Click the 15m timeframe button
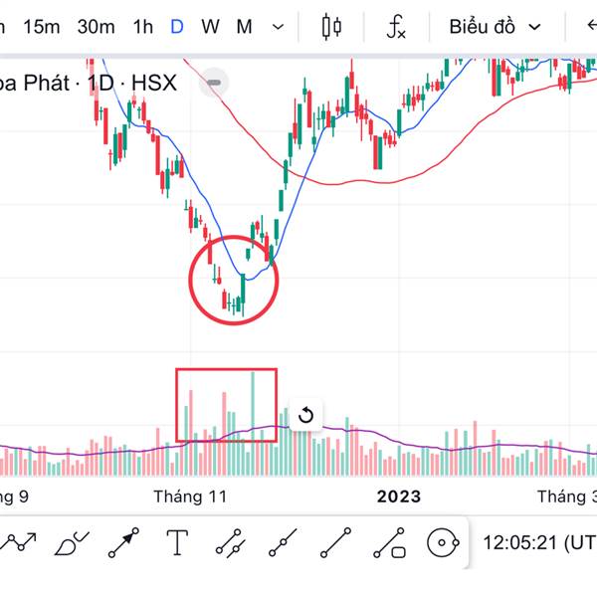(x=42, y=27)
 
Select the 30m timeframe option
(x=96, y=27)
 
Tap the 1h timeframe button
(x=142, y=27)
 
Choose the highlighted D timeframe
(x=176, y=27)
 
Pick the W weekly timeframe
(x=210, y=27)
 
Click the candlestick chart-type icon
(x=331, y=27)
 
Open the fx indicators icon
(x=396, y=27)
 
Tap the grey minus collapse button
(x=215, y=82)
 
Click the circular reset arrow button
(x=305, y=415)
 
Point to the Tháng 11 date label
(x=190, y=496)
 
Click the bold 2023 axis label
(x=397, y=496)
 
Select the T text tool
(x=177, y=543)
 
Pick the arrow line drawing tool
(x=123, y=543)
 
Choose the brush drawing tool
(x=71, y=543)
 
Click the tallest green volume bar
(x=254, y=418)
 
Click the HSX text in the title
(x=154, y=83)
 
